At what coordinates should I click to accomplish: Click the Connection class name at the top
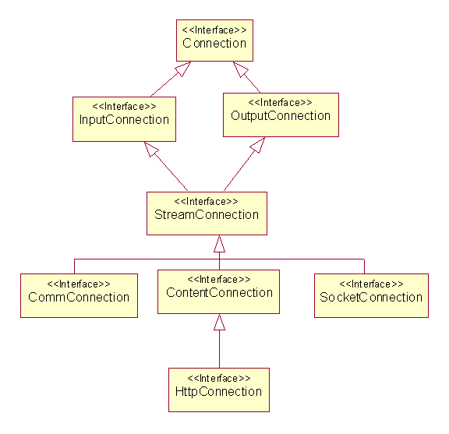(214, 43)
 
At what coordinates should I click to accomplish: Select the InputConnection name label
(124, 120)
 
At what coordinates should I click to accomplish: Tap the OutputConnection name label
(281, 116)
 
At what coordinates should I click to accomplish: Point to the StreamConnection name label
(207, 215)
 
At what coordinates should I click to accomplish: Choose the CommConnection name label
(79, 297)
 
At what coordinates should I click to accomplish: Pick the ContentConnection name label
(219, 292)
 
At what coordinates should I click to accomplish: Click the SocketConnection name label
(371, 297)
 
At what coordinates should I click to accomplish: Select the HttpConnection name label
(218, 392)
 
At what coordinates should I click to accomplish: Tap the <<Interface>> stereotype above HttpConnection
(219, 379)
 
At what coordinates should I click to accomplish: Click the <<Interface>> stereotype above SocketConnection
(371, 284)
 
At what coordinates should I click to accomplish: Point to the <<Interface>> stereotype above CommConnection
(79, 284)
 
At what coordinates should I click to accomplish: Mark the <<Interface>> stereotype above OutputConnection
(281, 103)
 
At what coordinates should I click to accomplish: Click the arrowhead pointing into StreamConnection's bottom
(219, 244)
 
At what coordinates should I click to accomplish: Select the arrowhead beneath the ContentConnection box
(219, 322)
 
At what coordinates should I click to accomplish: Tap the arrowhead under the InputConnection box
(151, 149)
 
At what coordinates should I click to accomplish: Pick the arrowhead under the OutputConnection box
(258, 145)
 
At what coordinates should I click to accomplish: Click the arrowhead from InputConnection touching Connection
(183, 69)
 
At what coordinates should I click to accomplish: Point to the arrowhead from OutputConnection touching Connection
(240, 69)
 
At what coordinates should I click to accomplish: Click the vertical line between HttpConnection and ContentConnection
(219, 349)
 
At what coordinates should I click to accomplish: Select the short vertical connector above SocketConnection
(364, 266)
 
